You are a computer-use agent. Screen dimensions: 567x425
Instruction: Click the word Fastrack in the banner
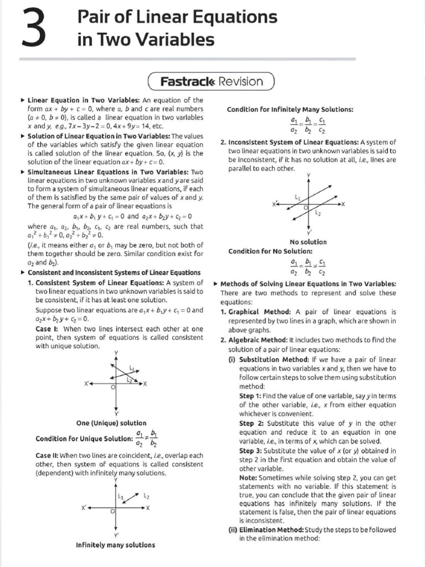[188, 81]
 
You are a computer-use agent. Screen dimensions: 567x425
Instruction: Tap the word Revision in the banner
[241, 81]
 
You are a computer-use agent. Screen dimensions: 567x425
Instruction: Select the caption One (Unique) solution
[111, 423]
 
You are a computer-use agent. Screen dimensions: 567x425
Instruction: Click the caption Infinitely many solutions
[115, 545]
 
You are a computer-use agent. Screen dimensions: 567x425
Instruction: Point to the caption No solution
[308, 242]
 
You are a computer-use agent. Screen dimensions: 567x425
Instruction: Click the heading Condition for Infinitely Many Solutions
[291, 109]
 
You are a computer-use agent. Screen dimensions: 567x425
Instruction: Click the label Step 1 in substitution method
[252, 396]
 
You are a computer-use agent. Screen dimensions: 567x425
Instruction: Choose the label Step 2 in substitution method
[252, 424]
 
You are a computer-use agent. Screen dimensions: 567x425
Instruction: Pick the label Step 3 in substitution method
[252, 451]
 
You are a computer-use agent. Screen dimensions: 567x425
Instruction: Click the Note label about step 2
[249, 477]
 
